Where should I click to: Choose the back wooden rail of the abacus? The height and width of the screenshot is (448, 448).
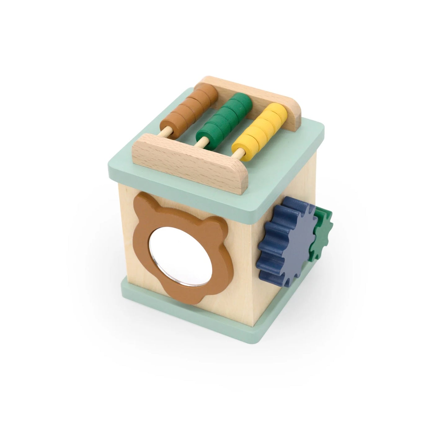251,93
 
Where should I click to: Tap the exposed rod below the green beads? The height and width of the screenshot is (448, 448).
202,142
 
